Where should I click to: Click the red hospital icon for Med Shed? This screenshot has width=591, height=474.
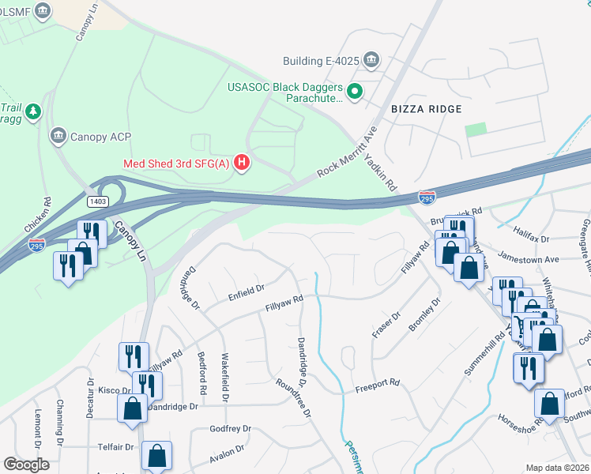(243, 164)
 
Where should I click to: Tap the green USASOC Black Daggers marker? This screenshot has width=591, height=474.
(355, 92)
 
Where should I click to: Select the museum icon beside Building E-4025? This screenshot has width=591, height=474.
(372, 61)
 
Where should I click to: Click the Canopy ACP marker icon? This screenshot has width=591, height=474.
(58, 137)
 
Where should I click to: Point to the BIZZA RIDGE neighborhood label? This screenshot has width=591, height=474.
(426, 108)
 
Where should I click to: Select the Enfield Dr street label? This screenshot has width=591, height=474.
(246, 292)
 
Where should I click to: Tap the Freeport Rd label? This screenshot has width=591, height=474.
(377, 385)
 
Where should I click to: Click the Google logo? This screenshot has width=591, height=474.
(26, 464)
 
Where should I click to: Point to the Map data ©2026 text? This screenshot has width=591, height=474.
(557, 468)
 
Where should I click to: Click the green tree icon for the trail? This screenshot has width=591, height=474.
(32, 112)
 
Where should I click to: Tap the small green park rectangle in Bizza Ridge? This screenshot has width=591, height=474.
(476, 130)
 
